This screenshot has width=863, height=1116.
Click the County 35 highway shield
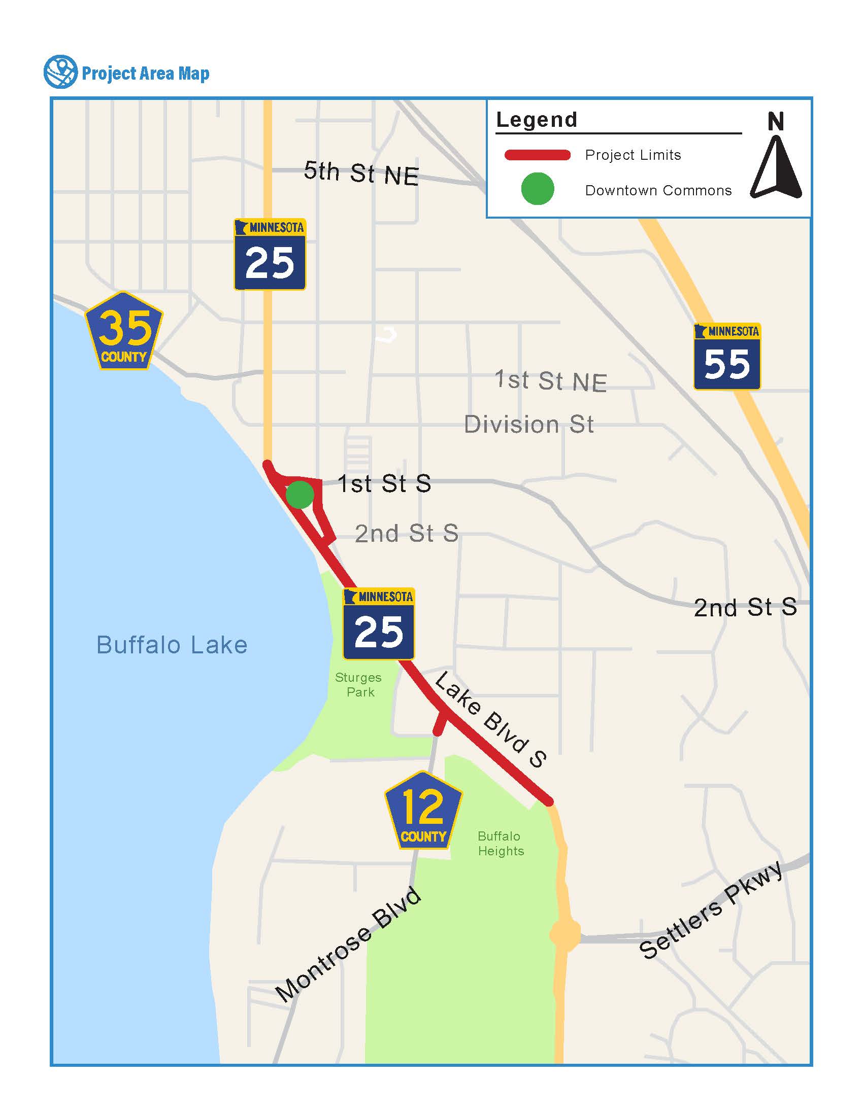[x=124, y=331]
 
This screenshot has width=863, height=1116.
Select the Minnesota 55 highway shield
[x=726, y=356]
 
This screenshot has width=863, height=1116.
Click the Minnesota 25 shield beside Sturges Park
[x=379, y=624]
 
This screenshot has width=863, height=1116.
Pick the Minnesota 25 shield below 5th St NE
[x=270, y=255]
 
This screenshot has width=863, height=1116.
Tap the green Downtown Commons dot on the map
[x=300, y=495]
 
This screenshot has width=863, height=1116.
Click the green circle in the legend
[x=537, y=189]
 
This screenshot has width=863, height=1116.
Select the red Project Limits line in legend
[x=537, y=155]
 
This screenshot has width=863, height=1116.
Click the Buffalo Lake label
[x=172, y=645]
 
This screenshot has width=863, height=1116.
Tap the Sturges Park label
[x=359, y=685]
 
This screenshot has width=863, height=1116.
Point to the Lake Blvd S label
[x=490, y=720]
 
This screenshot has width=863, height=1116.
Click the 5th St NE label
[x=361, y=173]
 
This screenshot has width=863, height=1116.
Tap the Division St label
[x=528, y=425]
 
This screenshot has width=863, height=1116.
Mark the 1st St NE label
[x=550, y=381]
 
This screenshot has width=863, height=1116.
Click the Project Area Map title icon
[x=60, y=72]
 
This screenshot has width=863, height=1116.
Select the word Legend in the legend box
[x=537, y=120]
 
